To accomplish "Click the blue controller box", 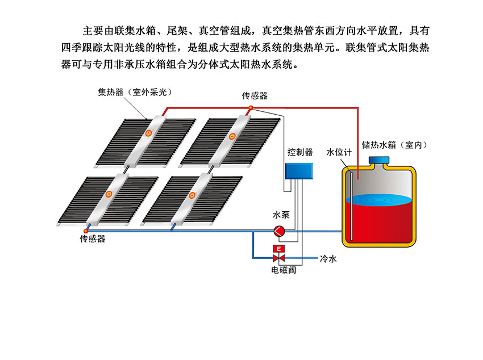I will [x=299, y=171].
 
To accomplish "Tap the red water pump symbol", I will [x=280, y=231].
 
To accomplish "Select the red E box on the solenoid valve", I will [x=279, y=249].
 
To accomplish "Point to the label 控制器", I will [x=300, y=152].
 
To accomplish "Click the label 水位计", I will [x=339, y=153].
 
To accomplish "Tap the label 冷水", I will [x=328, y=259].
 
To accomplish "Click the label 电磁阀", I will [x=284, y=270].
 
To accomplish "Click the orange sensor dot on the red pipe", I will [x=251, y=108].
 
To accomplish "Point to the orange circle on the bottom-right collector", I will [x=191, y=196].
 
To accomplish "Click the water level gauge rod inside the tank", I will [x=352, y=204].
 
